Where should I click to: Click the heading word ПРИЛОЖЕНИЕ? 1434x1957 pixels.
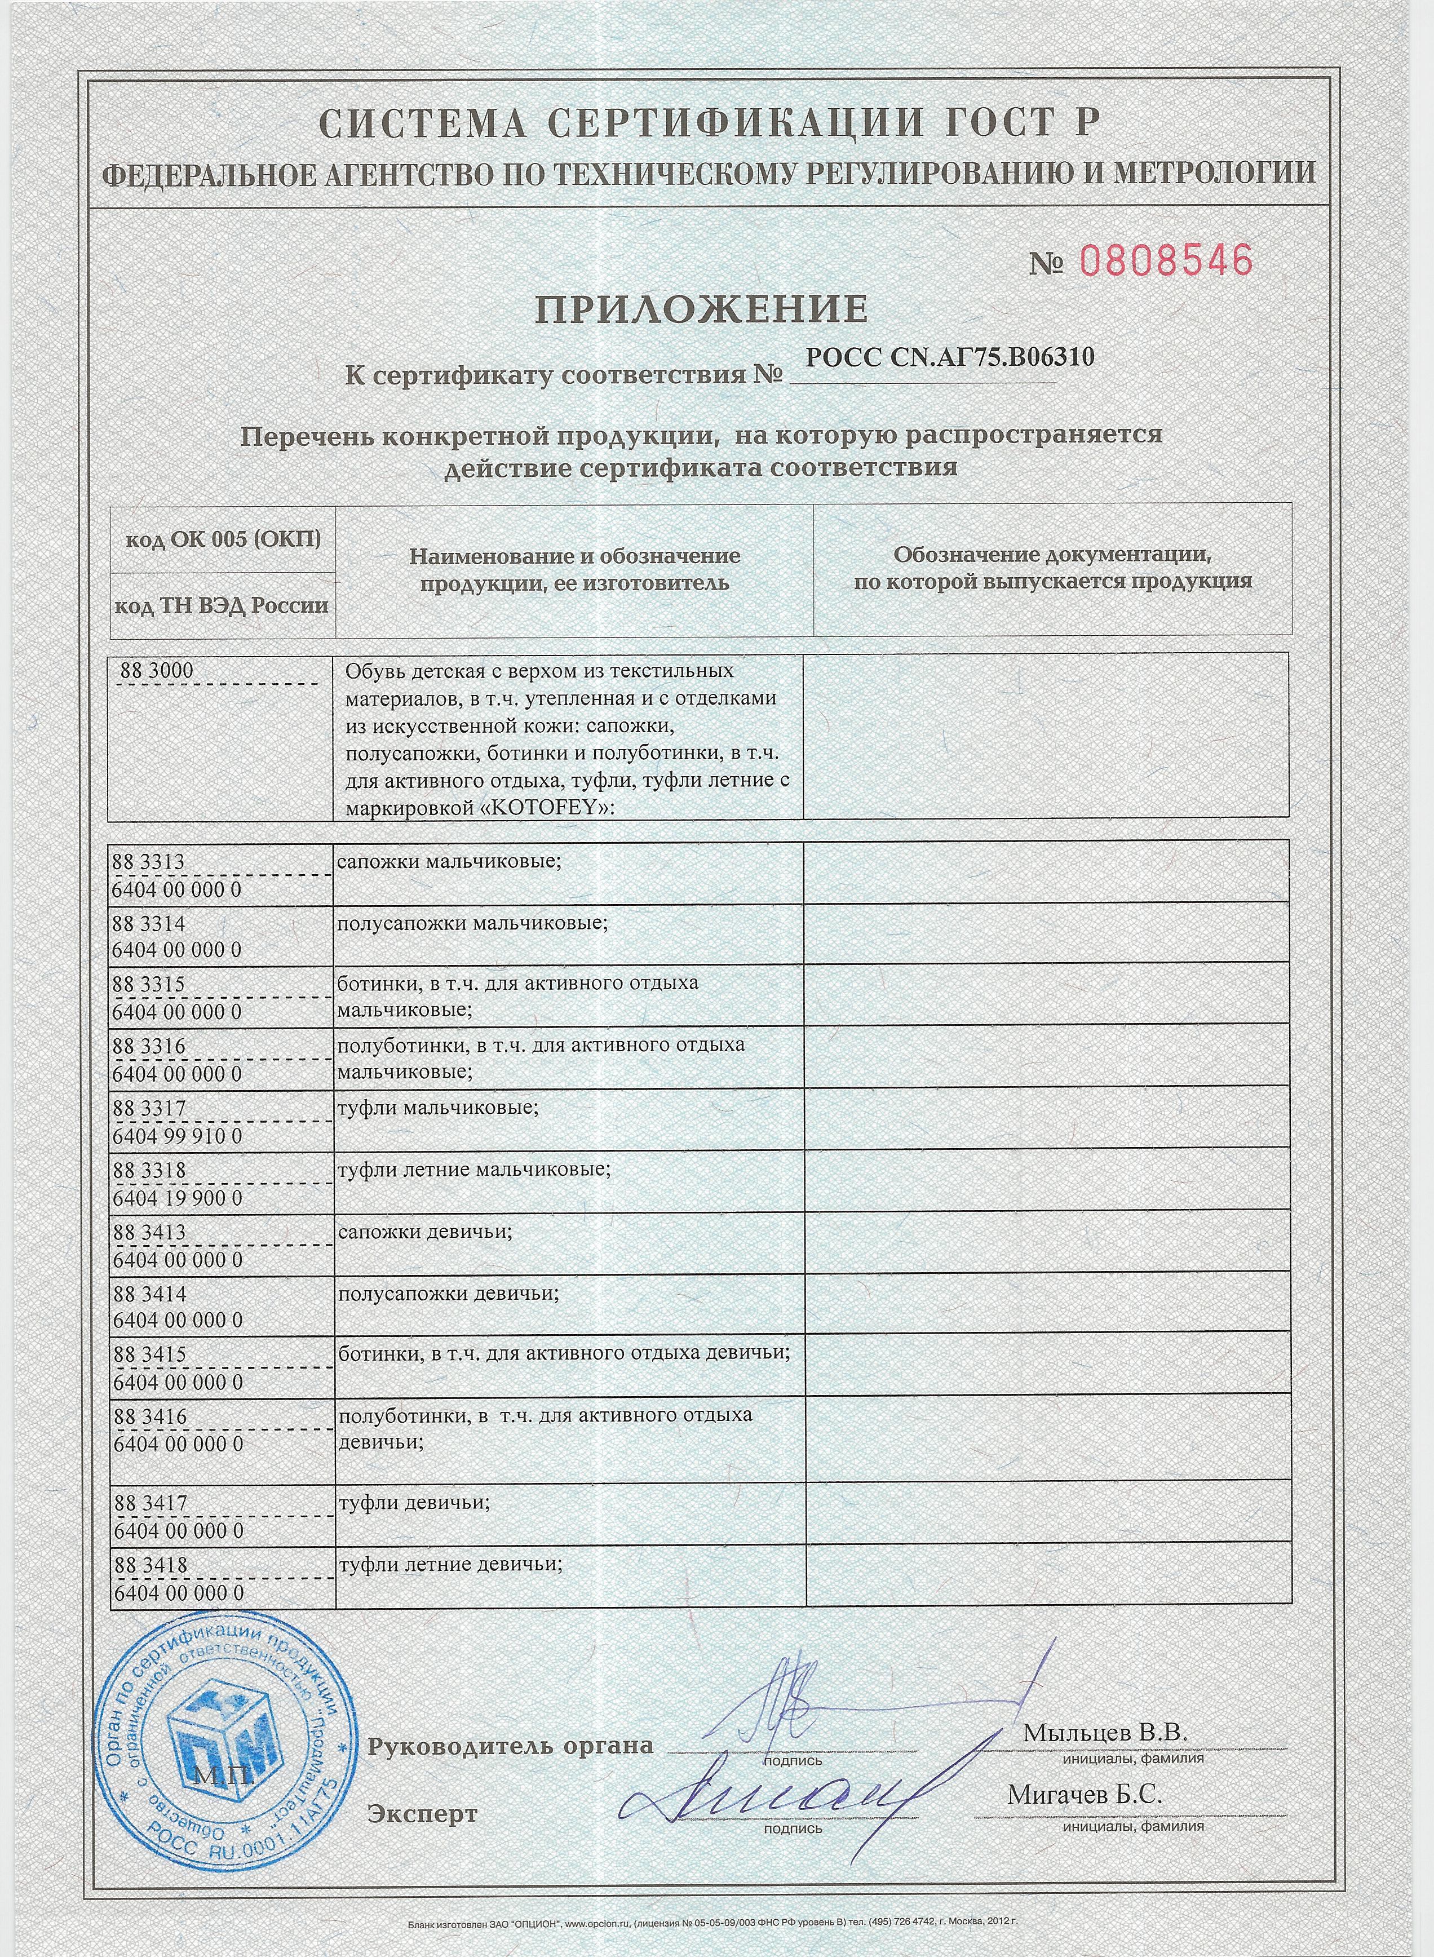click(x=701, y=309)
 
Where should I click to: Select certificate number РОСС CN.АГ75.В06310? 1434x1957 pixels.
click(x=950, y=357)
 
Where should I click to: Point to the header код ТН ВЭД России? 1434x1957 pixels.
click(x=222, y=605)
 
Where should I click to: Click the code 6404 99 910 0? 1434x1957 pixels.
click(x=177, y=1136)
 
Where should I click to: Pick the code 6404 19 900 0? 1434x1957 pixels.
click(x=177, y=1198)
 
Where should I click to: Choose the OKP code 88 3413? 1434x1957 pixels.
click(x=149, y=1232)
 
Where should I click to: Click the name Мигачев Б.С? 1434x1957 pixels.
click(x=1084, y=1795)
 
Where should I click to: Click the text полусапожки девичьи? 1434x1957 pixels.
click(x=448, y=1294)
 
